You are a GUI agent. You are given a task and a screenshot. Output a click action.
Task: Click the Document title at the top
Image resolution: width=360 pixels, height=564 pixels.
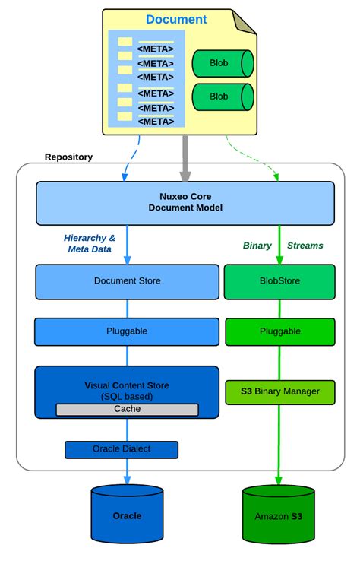pos(175,20)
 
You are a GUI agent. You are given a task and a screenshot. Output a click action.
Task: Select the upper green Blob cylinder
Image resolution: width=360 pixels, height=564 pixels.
pos(222,63)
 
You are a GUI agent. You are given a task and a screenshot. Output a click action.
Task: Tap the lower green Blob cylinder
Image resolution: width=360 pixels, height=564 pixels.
pos(222,97)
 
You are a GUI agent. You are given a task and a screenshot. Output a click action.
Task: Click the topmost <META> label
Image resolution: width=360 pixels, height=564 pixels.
pos(155,49)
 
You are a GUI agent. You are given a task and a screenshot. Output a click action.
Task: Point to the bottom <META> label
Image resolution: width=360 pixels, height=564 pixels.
pos(155,121)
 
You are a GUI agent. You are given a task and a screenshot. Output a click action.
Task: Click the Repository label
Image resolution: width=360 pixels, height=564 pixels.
pos(68,157)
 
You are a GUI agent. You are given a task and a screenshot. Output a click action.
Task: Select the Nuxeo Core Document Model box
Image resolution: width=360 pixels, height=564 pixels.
pos(185,202)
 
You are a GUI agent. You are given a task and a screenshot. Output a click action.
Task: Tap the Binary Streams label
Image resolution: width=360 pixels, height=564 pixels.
pos(283,246)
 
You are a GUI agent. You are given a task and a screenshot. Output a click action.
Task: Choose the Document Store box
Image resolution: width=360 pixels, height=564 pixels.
pos(127,281)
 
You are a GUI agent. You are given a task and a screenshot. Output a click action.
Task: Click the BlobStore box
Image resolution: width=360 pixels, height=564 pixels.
pos(280,281)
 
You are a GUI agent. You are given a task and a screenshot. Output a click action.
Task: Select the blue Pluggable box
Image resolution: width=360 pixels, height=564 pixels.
pos(127,332)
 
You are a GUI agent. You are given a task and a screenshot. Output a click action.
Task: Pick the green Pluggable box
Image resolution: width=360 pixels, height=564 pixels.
pos(280,332)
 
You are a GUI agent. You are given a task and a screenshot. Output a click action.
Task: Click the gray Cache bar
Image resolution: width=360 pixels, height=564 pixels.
pos(127,409)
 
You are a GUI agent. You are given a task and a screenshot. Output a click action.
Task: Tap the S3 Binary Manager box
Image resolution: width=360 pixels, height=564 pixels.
pos(280,391)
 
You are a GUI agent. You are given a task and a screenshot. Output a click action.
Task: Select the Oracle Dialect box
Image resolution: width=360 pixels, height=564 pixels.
pos(122,449)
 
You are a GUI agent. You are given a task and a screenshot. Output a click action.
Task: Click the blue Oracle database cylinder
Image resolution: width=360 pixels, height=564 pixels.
pos(127,515)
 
